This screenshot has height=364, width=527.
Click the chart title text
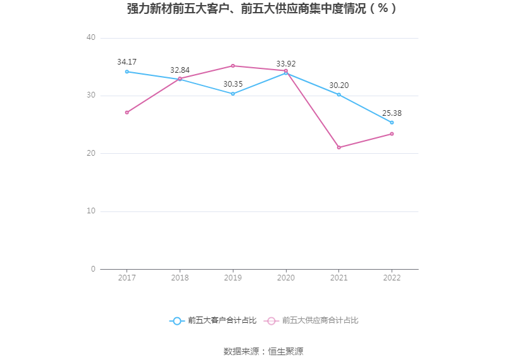(x=263, y=9)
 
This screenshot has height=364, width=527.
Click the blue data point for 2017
(x=127, y=72)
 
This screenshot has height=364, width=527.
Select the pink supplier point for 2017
(x=127, y=112)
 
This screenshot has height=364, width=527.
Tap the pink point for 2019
(x=233, y=66)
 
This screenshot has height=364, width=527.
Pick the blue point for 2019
(x=233, y=94)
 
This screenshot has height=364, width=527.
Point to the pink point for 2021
(x=339, y=147)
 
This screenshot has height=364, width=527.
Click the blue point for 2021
(x=339, y=94)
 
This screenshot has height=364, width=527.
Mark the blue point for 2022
(x=392, y=122)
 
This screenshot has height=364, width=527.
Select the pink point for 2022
(x=392, y=134)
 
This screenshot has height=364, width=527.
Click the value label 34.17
(x=127, y=62)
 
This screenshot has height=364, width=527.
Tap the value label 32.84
(x=180, y=70)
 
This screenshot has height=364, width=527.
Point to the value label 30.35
(x=233, y=84)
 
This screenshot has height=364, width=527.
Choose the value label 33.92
(x=286, y=63)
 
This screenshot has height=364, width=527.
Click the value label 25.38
(x=392, y=113)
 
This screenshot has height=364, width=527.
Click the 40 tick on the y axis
(x=91, y=38)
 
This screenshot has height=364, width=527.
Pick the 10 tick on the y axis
(x=91, y=211)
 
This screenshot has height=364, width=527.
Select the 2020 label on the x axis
(x=286, y=278)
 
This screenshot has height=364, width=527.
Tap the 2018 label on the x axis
(x=180, y=278)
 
